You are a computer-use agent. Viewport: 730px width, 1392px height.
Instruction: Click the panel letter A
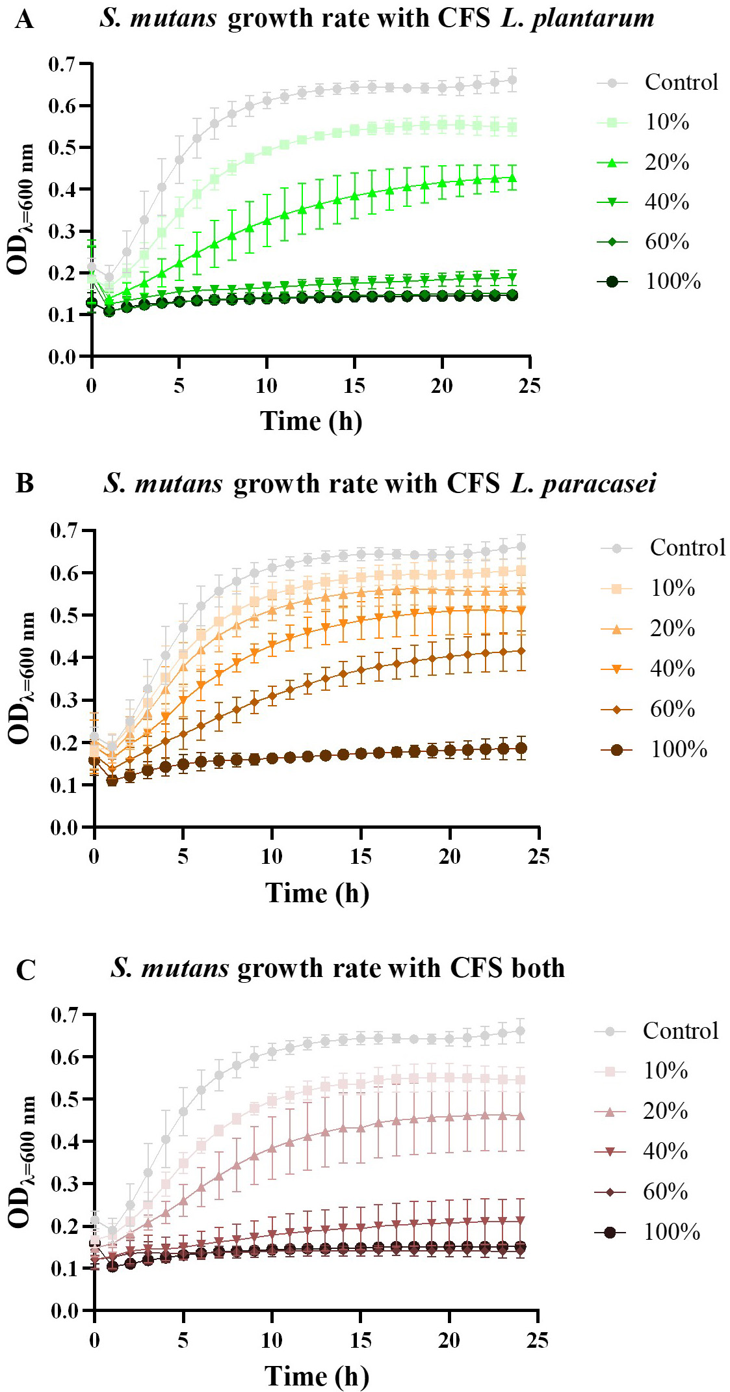tap(24, 20)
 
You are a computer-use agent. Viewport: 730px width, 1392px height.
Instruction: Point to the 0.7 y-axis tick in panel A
tap(62, 64)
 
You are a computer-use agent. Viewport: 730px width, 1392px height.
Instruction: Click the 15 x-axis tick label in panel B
tap(361, 856)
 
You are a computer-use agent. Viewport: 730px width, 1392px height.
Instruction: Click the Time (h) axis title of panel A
tap(311, 421)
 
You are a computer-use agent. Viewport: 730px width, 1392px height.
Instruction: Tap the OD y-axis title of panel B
tap(21, 678)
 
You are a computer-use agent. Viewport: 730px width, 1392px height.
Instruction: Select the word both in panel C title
tap(537, 968)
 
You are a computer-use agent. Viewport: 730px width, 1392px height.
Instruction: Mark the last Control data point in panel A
tap(512, 81)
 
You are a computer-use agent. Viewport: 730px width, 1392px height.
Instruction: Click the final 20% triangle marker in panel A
tap(512, 178)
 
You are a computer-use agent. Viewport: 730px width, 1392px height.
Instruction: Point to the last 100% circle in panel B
tap(521, 748)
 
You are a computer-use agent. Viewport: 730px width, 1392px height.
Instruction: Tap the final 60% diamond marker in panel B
tap(521, 650)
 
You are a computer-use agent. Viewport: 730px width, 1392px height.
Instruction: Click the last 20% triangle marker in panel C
tap(520, 1116)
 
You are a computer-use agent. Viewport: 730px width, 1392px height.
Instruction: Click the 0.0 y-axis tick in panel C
tap(65, 1311)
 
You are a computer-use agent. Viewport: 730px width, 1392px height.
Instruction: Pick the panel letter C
tap(25, 970)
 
